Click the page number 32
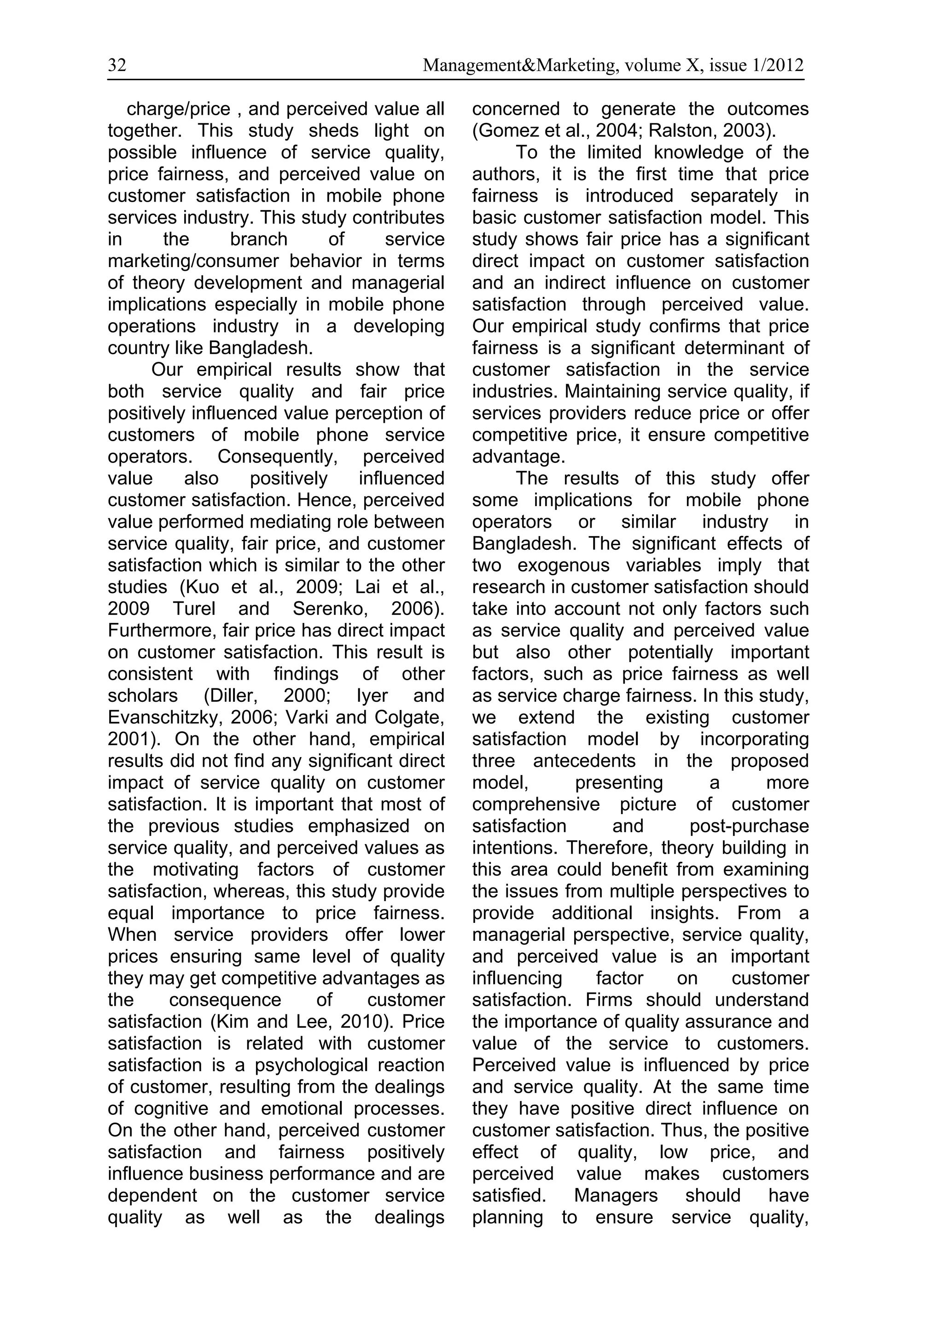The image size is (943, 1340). (116, 65)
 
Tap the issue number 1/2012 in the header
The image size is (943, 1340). (779, 65)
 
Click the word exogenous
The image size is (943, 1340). (563, 565)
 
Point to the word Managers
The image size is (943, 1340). (616, 1196)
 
